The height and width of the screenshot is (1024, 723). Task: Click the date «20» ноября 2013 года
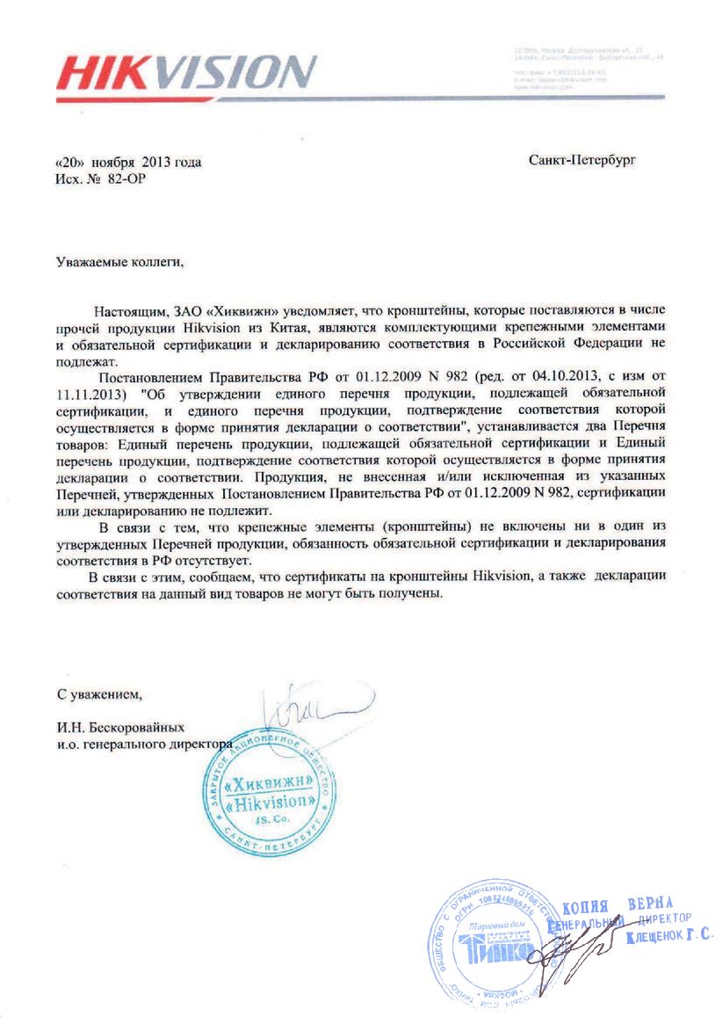tap(128, 162)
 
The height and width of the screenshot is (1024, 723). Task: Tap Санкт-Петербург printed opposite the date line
tap(582, 161)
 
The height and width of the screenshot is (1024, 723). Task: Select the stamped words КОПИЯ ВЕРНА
tap(617, 905)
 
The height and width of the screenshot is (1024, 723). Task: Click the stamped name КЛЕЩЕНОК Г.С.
tap(669, 938)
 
